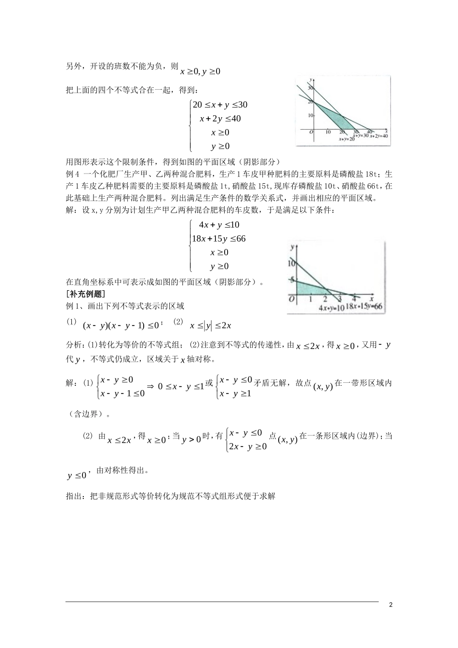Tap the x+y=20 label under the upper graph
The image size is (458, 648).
click(x=347, y=139)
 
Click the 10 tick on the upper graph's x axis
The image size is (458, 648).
click(x=328, y=132)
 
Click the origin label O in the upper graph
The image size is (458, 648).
click(x=311, y=132)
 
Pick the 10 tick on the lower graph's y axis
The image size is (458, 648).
click(x=290, y=263)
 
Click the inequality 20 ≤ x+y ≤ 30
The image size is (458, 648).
click(x=220, y=105)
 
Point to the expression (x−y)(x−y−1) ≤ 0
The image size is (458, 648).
click(x=120, y=325)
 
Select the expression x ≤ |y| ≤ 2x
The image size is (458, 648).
click(x=211, y=326)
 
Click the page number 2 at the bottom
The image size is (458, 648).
click(x=391, y=605)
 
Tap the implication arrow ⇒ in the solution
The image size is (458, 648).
click(x=150, y=386)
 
